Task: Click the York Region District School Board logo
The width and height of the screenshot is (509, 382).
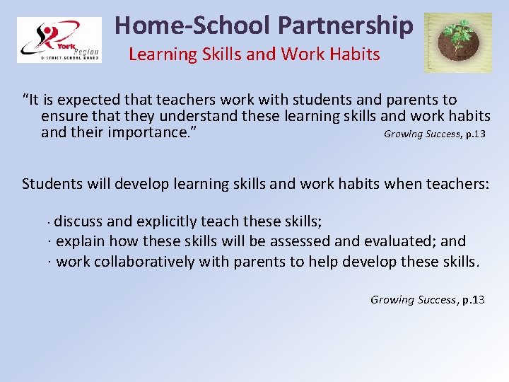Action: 59,41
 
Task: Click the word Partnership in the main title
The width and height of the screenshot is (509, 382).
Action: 346,25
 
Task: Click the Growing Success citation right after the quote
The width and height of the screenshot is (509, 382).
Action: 434,134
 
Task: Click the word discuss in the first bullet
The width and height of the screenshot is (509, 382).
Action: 78,221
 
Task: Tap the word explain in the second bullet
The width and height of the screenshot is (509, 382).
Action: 80,241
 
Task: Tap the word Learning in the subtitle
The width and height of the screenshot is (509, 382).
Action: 158,54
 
